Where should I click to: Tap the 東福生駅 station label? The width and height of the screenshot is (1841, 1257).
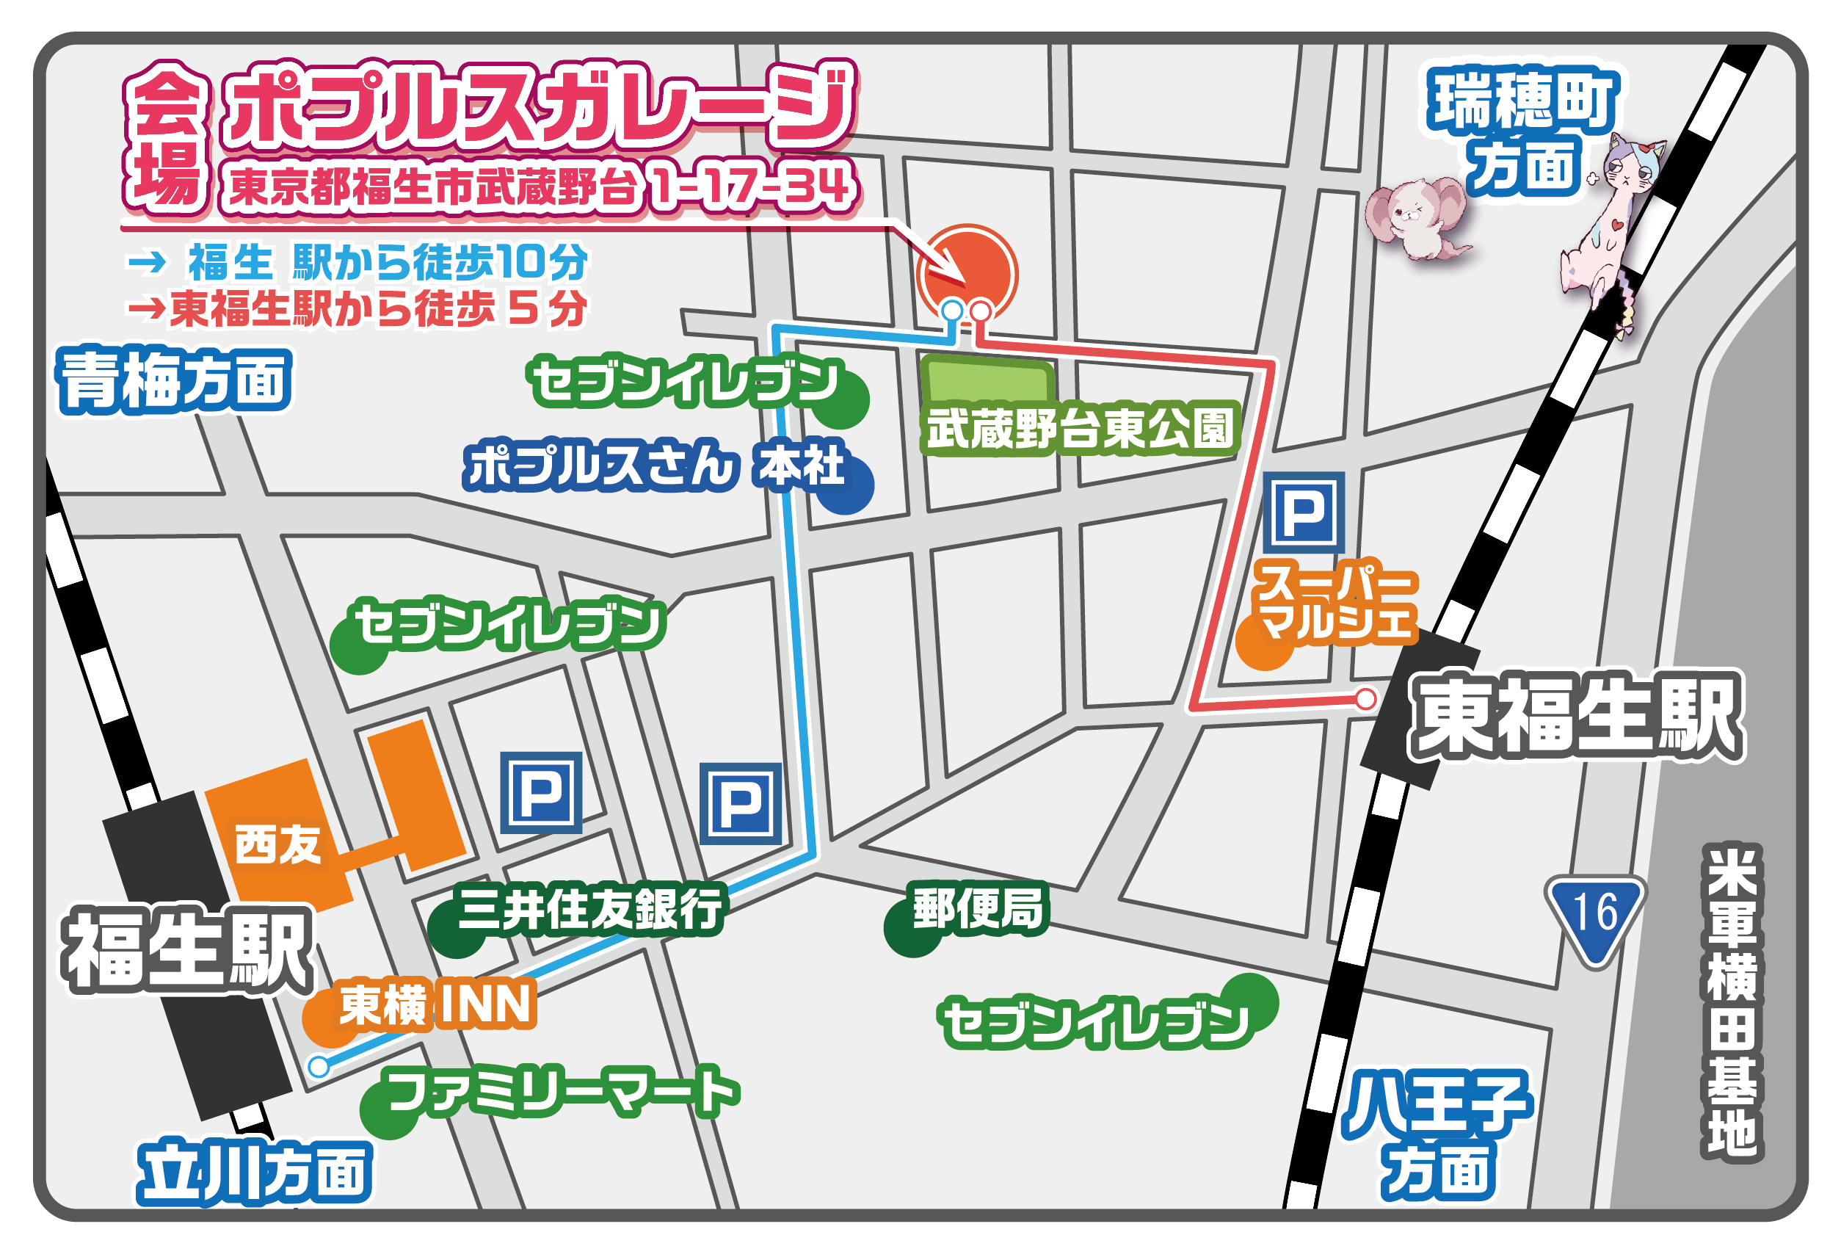pos(1577,715)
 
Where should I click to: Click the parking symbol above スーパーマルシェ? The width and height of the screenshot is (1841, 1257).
pos(1303,512)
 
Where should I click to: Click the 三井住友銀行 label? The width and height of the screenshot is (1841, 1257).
pos(590,908)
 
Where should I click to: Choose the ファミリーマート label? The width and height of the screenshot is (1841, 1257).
pos(563,1091)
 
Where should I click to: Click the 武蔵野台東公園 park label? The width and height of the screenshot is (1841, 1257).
pos(1080,429)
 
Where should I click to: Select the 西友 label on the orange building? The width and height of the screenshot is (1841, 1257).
pos(277,844)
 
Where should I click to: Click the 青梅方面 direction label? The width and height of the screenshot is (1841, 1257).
pos(175,381)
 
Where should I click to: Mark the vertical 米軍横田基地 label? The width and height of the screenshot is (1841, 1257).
pos(1732,1001)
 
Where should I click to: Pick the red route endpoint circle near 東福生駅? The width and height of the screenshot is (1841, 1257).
pos(1365,699)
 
